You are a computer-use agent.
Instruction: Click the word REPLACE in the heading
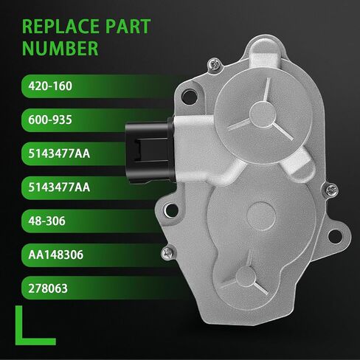tap(60, 27)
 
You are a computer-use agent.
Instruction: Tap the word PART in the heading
tap(128, 27)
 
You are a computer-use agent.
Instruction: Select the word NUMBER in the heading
tap(60, 48)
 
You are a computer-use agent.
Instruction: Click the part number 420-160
tap(50, 86)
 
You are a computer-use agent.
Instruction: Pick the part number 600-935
tap(50, 120)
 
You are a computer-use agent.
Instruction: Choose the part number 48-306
tap(46, 221)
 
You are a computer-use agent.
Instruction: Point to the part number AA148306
tap(56, 255)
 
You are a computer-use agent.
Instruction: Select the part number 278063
tap(48, 288)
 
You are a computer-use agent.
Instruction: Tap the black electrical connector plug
tap(150, 151)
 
